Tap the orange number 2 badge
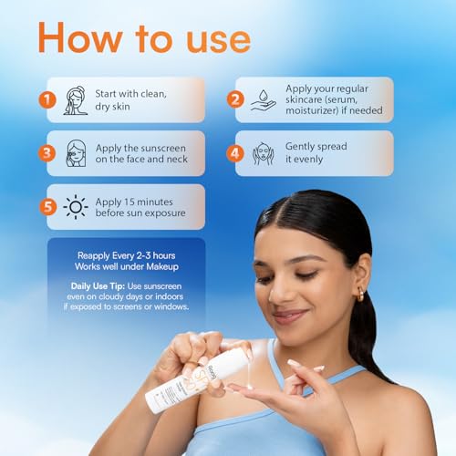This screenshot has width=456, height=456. coord(235,99)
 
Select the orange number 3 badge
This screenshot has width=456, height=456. coord(45,153)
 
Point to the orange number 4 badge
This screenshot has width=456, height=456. coord(235,153)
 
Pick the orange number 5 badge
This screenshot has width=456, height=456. coord(45,207)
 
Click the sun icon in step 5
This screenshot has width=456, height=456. coord(76,207)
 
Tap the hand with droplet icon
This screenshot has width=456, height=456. coord(264,99)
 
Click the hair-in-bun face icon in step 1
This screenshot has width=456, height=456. coord(76,99)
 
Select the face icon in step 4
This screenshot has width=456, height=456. coord(264,153)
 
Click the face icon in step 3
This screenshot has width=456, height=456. coord(76,153)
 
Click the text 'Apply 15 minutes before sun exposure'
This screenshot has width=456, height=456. coord(139,207)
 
